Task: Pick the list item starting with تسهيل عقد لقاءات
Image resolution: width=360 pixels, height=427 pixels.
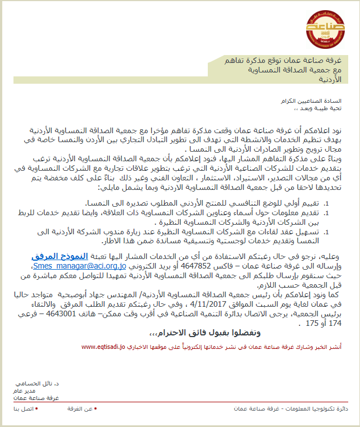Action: coord(213,231)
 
